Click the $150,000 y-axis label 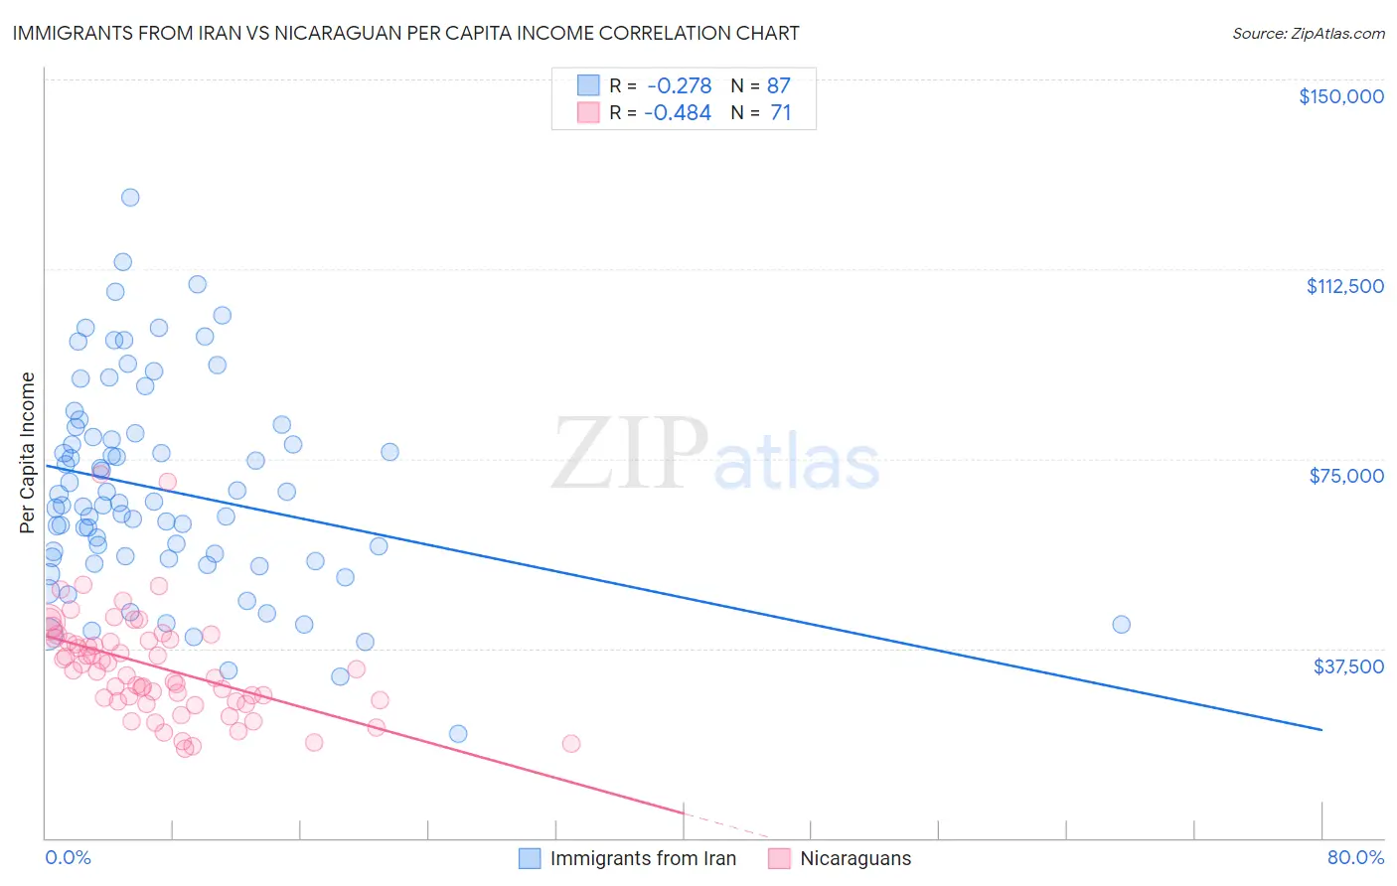[x=1340, y=96]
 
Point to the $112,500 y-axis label [x=1344, y=286]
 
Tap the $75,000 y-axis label [x=1346, y=476]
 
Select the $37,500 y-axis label [x=1348, y=666]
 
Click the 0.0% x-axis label [x=68, y=857]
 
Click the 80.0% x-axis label [x=1355, y=857]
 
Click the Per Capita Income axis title [x=27, y=452]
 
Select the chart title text [x=405, y=33]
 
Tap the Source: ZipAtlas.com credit [x=1308, y=34]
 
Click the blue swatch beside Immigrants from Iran [x=530, y=858]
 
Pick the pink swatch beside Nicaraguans [x=780, y=858]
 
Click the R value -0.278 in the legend [x=679, y=85]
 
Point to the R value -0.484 [x=678, y=113]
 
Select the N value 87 [x=778, y=85]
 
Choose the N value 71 [x=780, y=113]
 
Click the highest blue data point [x=130, y=197]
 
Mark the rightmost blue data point [x=1121, y=624]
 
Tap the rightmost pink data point [x=570, y=743]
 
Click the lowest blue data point [x=458, y=733]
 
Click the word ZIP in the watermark [x=630, y=455]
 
